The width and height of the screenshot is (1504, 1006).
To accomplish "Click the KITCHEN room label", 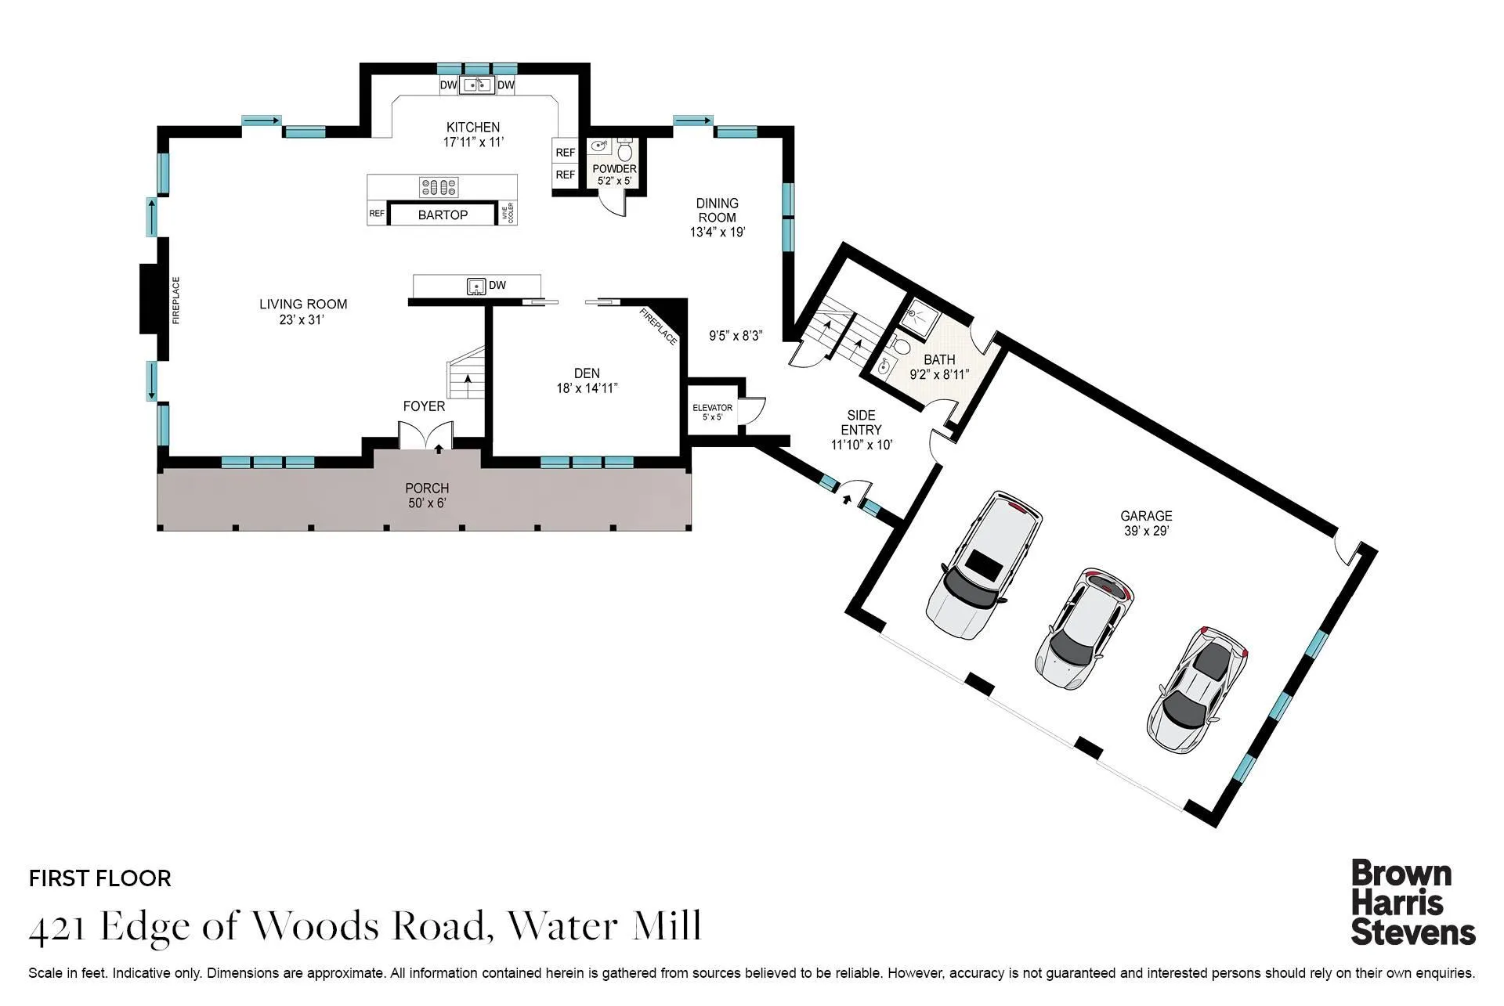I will pyautogui.click(x=472, y=134).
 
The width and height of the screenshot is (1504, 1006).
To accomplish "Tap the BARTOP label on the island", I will pyautogui.click(x=443, y=215).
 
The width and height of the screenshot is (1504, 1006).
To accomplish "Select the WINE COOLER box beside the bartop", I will pyautogui.click(x=508, y=213).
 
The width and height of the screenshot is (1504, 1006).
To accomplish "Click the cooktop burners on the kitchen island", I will pyautogui.click(x=439, y=187).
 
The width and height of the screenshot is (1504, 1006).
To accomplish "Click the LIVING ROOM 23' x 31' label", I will pyautogui.click(x=302, y=312).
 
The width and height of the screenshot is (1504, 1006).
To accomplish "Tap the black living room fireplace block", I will pyautogui.click(x=150, y=299).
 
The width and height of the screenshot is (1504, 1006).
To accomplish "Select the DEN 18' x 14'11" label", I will pyautogui.click(x=587, y=380).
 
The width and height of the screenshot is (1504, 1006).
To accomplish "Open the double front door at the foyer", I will pyautogui.click(x=425, y=435).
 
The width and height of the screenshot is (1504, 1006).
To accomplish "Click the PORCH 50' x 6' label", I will pyautogui.click(x=427, y=496).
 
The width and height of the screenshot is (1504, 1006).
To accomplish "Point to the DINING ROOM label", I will pyautogui.click(x=717, y=217).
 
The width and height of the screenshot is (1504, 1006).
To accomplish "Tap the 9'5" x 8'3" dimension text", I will pyautogui.click(x=736, y=336).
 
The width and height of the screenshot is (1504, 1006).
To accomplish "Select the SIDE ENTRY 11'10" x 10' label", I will pyautogui.click(x=861, y=430).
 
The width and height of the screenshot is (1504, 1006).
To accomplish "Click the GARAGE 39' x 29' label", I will pyautogui.click(x=1146, y=523).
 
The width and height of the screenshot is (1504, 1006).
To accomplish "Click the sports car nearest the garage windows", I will pyautogui.click(x=1196, y=690).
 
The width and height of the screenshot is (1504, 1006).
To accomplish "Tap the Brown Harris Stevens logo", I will pyautogui.click(x=1412, y=903).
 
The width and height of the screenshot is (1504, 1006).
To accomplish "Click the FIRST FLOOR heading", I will pyautogui.click(x=100, y=878).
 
